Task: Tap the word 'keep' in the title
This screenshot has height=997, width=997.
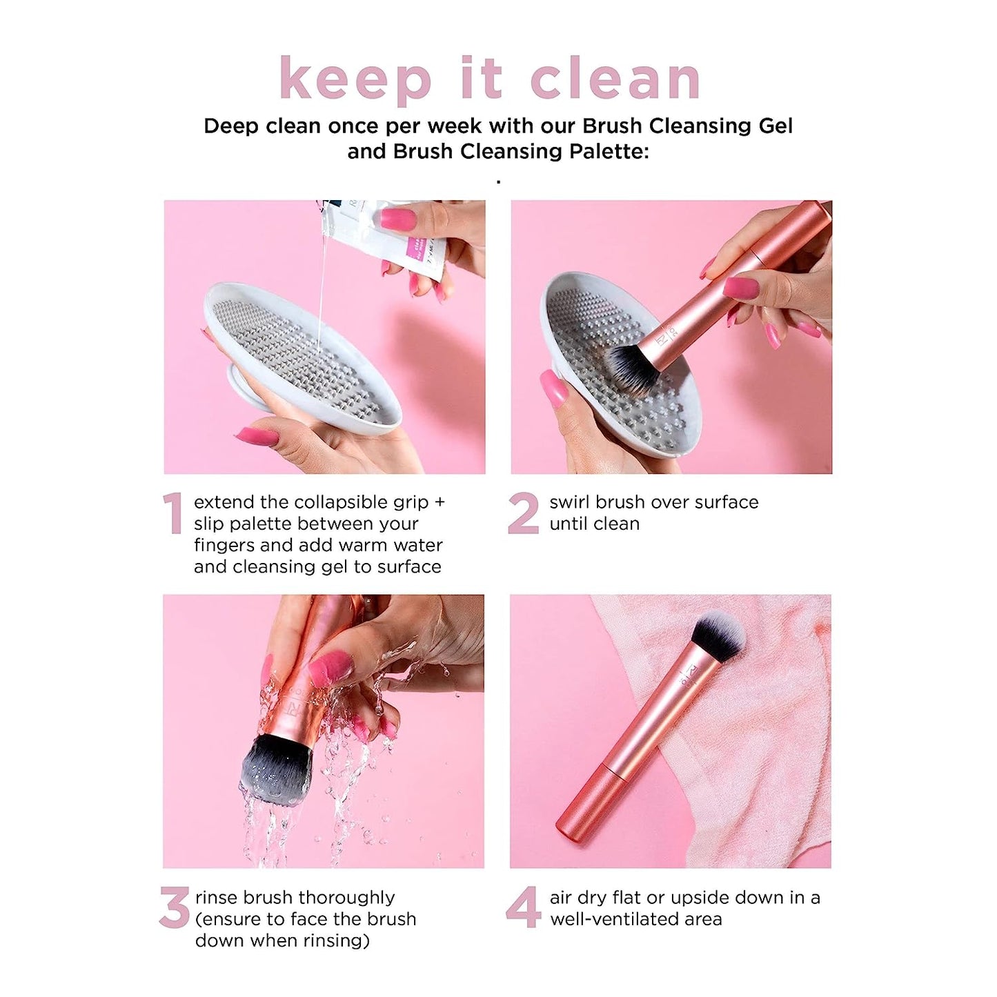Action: click(x=355, y=79)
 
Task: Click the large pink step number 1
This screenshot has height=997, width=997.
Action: click(x=172, y=513)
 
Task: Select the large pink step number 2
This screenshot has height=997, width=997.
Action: click(x=523, y=513)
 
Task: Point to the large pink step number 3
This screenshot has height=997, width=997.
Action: click(x=174, y=907)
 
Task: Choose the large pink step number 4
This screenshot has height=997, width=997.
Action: click(x=523, y=907)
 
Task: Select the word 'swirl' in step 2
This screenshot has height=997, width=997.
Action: click(x=570, y=502)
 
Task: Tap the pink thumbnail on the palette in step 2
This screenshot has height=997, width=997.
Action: click(x=554, y=388)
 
